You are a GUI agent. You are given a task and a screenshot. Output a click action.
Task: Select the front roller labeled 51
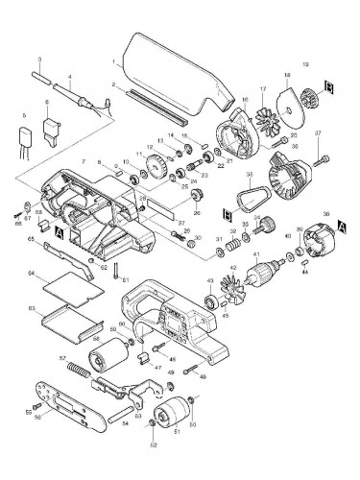coord(178,418)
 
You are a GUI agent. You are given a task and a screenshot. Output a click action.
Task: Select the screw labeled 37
coord(317,146)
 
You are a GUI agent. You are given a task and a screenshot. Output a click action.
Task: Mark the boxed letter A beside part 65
coord(60,233)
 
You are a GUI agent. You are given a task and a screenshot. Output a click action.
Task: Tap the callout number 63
coord(32,308)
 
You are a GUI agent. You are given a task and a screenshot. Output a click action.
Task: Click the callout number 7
coord(84,161)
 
